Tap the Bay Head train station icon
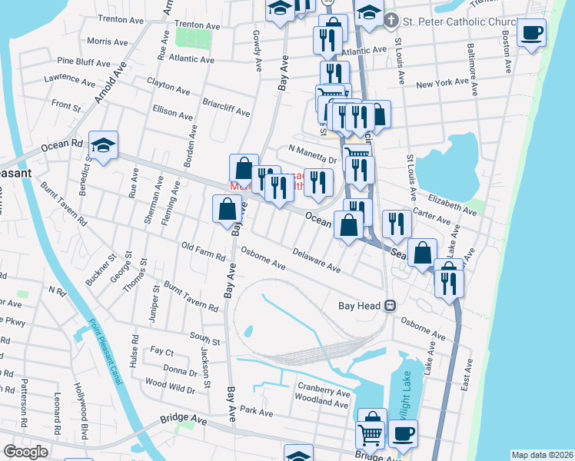coord(391,305)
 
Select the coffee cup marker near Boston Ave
coord(530,32)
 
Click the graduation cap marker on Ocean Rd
coord(103,145)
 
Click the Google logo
coord(26,451)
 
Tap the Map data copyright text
coord(541,455)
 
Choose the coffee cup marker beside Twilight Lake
coord(402,433)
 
